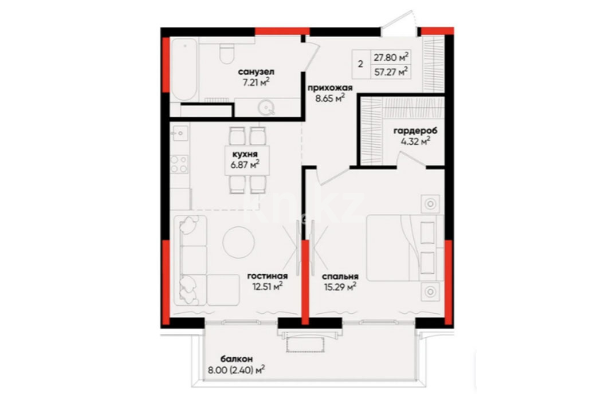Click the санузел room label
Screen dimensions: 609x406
[x=256, y=72]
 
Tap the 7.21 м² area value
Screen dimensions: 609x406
[x=256, y=82]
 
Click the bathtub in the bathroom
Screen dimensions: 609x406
[x=185, y=69]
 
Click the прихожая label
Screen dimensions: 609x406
[x=330, y=88]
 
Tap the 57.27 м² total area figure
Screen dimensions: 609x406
[x=391, y=72]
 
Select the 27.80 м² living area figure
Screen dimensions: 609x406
[x=391, y=57]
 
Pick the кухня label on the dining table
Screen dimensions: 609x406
[x=244, y=154]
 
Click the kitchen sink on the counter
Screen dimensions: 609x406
[x=180, y=133]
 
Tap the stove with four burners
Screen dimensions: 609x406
[x=179, y=164]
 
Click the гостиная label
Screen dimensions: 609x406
[x=268, y=276]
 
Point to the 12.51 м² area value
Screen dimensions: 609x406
[x=267, y=286]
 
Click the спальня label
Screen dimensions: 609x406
[x=340, y=277]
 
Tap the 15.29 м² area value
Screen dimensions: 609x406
[x=340, y=287]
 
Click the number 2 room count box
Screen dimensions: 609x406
[x=361, y=64]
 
